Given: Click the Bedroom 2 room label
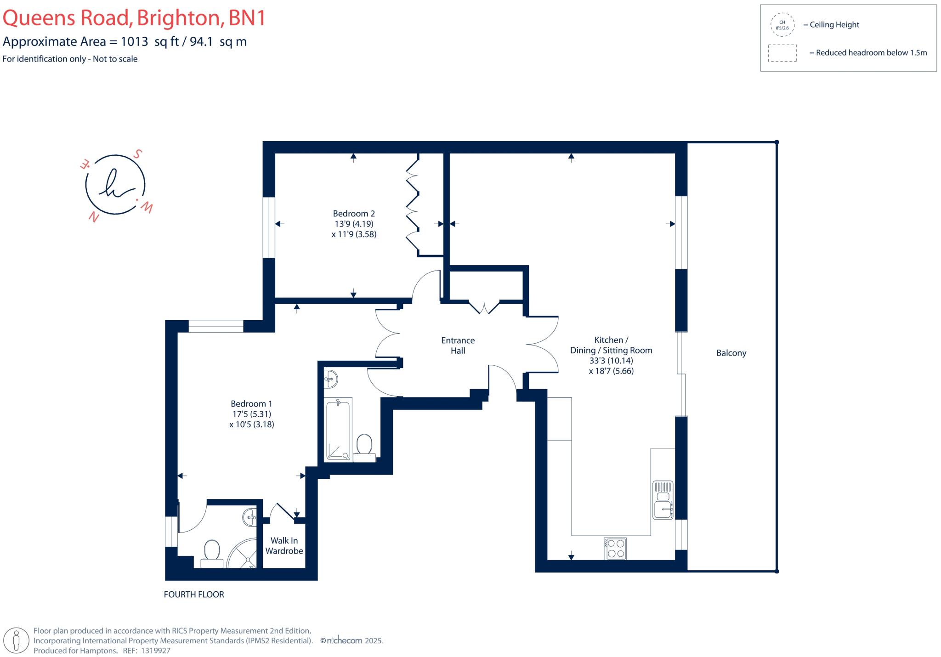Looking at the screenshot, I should (354, 214).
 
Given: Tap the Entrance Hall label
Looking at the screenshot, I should (458, 345).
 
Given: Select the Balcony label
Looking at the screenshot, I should (731, 353).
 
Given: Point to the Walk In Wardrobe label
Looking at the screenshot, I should (284, 546).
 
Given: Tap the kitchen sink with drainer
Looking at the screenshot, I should (663, 500).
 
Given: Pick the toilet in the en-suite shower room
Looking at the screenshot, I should (212, 552).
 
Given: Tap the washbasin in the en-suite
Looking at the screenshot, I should (251, 517).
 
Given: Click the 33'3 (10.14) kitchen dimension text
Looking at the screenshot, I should (611, 361).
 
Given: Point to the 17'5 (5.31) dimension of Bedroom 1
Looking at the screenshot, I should (251, 414).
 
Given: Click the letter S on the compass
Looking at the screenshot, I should (137, 154).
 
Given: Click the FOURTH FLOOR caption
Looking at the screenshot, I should (194, 595).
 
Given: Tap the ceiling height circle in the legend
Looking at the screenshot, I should (782, 25).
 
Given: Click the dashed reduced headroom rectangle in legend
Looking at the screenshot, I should (782, 53).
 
